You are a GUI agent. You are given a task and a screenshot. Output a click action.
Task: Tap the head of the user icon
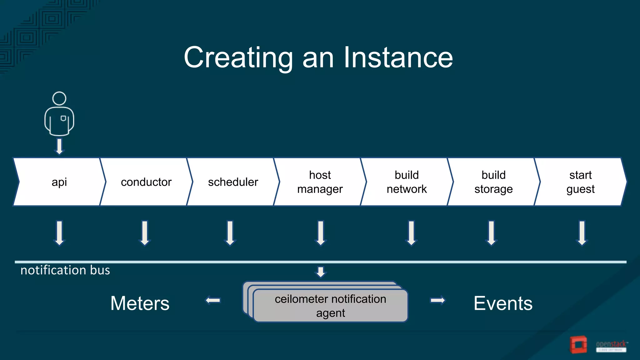pos(59,98)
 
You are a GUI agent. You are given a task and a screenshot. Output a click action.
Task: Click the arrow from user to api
pos(59,146)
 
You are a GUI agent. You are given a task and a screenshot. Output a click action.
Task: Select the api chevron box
pos(59,182)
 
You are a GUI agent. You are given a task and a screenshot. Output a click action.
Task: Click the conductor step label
pos(146,182)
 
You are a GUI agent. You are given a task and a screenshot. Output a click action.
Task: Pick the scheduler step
pos(233,182)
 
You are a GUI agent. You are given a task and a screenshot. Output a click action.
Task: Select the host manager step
pos(320,182)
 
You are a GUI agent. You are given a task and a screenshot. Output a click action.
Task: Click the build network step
pos(407,182)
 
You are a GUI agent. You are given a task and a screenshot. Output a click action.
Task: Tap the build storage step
pos(493,182)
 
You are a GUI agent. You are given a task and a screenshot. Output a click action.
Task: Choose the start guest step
pos(580,182)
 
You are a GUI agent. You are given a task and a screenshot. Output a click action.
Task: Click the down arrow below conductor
pos(145,233)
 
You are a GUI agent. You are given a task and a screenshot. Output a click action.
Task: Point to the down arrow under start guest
pos(582,233)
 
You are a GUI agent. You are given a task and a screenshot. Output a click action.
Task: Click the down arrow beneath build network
pos(411,233)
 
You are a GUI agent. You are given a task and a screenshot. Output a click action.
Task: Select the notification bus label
pos(65,270)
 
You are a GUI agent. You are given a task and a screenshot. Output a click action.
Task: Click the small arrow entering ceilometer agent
pos(321,272)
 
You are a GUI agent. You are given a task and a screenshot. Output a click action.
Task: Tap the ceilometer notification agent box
pos(330,306)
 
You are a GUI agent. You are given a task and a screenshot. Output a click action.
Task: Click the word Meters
pos(140,303)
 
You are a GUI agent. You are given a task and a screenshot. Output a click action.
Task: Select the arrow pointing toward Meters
pos(213,301)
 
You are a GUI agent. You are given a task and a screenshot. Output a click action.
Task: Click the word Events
pos(503,303)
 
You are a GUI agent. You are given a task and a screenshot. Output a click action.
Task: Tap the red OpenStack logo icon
pos(578,345)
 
